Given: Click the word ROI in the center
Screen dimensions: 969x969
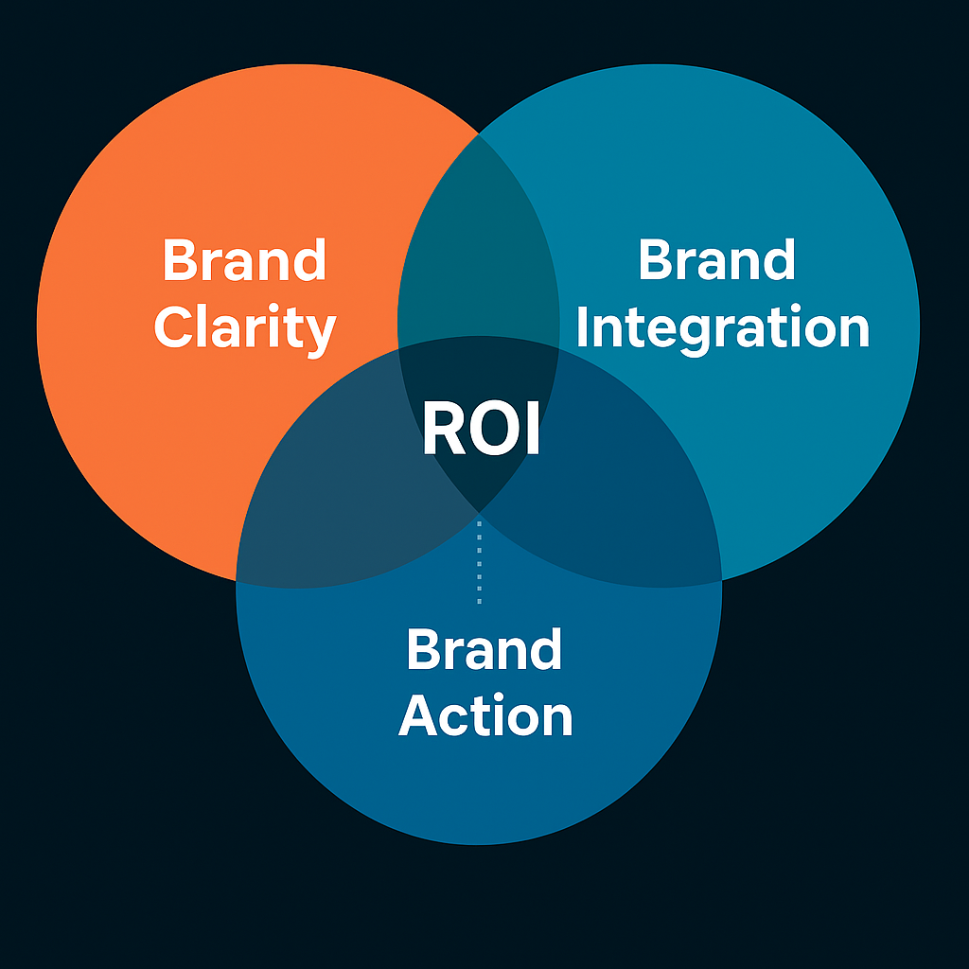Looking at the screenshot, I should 481,431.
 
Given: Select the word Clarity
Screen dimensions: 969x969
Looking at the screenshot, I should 244,328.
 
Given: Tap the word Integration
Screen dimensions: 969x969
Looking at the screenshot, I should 722,328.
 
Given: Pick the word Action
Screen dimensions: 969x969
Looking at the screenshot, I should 485,716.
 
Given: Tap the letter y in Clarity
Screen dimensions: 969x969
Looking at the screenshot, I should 317,334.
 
